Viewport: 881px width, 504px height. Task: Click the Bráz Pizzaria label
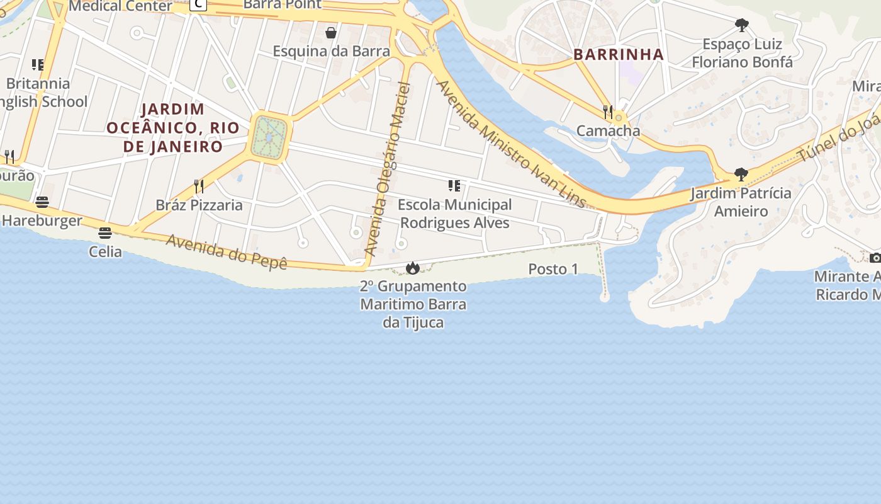click(x=199, y=205)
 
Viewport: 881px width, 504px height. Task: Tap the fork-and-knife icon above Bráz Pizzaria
click(x=199, y=186)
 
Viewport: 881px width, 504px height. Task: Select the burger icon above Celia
click(x=105, y=233)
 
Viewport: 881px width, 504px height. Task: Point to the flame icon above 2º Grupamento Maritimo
click(x=413, y=268)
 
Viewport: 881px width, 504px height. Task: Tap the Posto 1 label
click(x=553, y=269)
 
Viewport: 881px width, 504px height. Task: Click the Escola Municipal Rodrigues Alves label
click(x=455, y=214)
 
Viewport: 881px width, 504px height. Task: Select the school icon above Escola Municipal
click(x=454, y=185)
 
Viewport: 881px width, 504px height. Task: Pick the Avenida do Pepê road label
click(x=227, y=252)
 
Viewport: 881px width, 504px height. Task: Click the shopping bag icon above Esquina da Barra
click(x=331, y=33)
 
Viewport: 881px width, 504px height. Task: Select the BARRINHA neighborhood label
click(x=619, y=54)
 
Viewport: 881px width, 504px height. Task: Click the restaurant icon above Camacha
click(x=608, y=112)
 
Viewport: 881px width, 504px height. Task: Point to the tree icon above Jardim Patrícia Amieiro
click(x=741, y=174)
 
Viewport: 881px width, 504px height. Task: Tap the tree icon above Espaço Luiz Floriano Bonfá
click(x=742, y=25)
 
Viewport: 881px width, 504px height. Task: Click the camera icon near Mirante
click(x=875, y=258)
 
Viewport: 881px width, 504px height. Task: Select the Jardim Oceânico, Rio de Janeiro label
click(x=173, y=128)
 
